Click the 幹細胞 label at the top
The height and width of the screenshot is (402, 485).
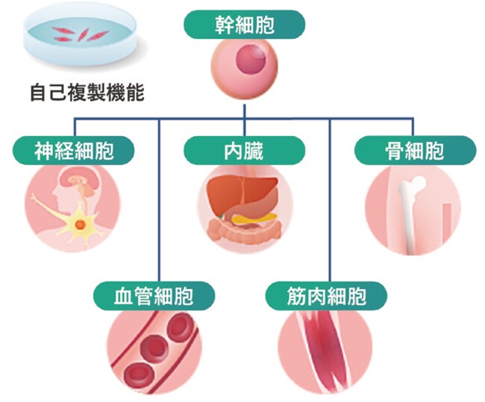pyautogui.click(x=244, y=24)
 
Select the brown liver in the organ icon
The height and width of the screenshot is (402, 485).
pyautogui.click(x=237, y=194)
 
